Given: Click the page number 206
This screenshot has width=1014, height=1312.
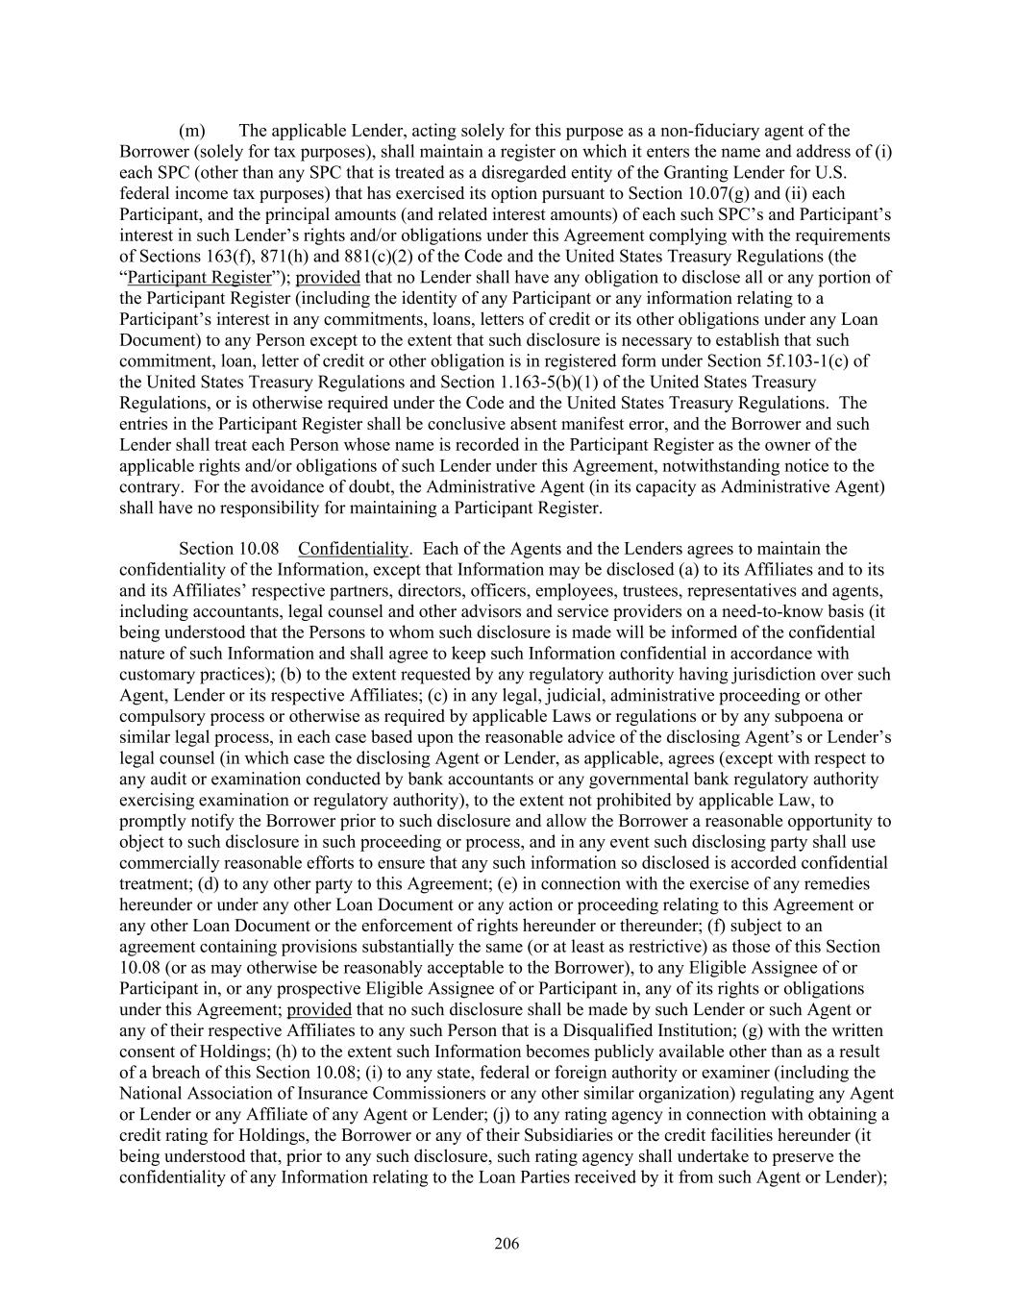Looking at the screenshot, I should click(x=507, y=1245).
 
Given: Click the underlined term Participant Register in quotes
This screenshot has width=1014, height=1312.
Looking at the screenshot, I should click(x=200, y=278).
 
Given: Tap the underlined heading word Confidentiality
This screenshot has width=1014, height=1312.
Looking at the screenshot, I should click(x=353, y=549).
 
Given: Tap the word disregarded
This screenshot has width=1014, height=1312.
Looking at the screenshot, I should click(x=553, y=173).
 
